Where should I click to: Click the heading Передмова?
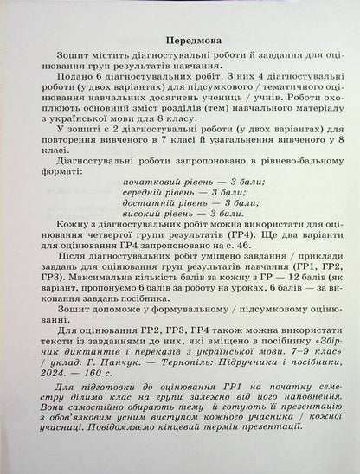click(x=180, y=41)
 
